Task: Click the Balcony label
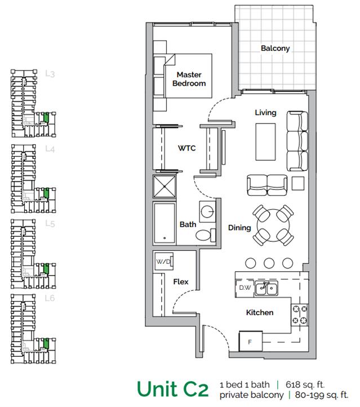[x=275, y=48]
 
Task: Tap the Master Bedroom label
[x=189, y=79]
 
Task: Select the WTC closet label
[x=186, y=148]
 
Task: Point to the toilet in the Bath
[x=206, y=235]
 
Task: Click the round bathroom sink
[x=208, y=212]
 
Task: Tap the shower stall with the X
[x=165, y=187]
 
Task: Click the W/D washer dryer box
[x=163, y=262]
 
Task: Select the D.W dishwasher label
[x=245, y=287]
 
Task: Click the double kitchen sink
[x=266, y=289]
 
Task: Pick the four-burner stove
[x=300, y=315]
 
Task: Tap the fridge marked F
[x=251, y=342]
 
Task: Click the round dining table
[x=273, y=225]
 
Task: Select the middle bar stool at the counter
[x=269, y=263]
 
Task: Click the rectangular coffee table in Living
[x=265, y=141]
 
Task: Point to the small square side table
[x=298, y=183]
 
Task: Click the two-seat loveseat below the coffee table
[x=267, y=185]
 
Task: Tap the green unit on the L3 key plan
[x=46, y=118]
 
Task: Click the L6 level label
[x=50, y=298]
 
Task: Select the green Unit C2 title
[x=172, y=389]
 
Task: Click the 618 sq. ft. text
[x=305, y=384]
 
